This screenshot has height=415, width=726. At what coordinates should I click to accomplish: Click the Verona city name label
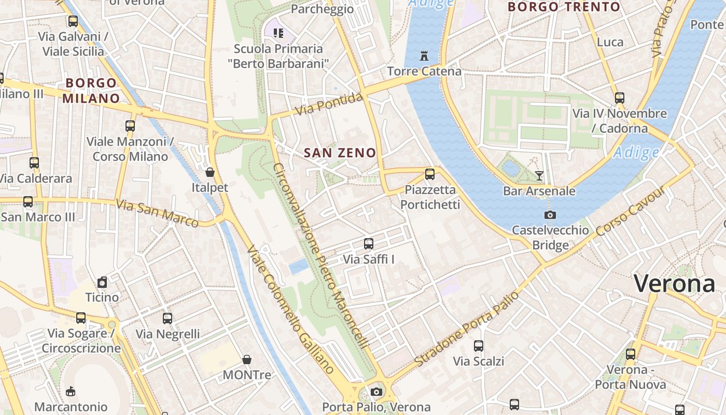tap(674, 284)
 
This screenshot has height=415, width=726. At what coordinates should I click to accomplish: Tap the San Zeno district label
tap(340, 153)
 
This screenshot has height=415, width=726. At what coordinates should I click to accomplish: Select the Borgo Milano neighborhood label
tap(92, 90)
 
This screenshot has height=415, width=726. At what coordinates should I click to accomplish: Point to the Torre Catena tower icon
tap(424, 56)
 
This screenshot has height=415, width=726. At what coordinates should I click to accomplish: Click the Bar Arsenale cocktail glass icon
tap(539, 175)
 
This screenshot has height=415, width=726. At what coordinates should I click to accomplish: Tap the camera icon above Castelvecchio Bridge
tap(550, 215)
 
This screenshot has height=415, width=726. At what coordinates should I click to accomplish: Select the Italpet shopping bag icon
tap(210, 172)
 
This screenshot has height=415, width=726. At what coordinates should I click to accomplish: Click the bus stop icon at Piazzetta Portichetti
tap(429, 174)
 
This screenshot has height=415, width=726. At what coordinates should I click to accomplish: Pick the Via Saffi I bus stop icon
tap(369, 243)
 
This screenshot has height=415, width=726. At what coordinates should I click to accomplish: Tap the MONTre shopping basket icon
tap(247, 359)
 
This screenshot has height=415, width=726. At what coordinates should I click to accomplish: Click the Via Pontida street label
tap(329, 104)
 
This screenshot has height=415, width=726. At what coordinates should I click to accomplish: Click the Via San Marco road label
tap(157, 213)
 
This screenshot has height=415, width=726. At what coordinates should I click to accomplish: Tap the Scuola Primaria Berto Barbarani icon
tap(278, 33)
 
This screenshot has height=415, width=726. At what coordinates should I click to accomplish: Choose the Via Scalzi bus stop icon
tap(479, 345)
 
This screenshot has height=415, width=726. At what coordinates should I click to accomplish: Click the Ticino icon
tap(102, 282)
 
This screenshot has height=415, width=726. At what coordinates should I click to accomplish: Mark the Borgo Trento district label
tap(564, 7)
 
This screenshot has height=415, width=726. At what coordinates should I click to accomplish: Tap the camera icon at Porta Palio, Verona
tap(376, 392)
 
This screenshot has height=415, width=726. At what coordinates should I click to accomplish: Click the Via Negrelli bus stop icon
tap(167, 319)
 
